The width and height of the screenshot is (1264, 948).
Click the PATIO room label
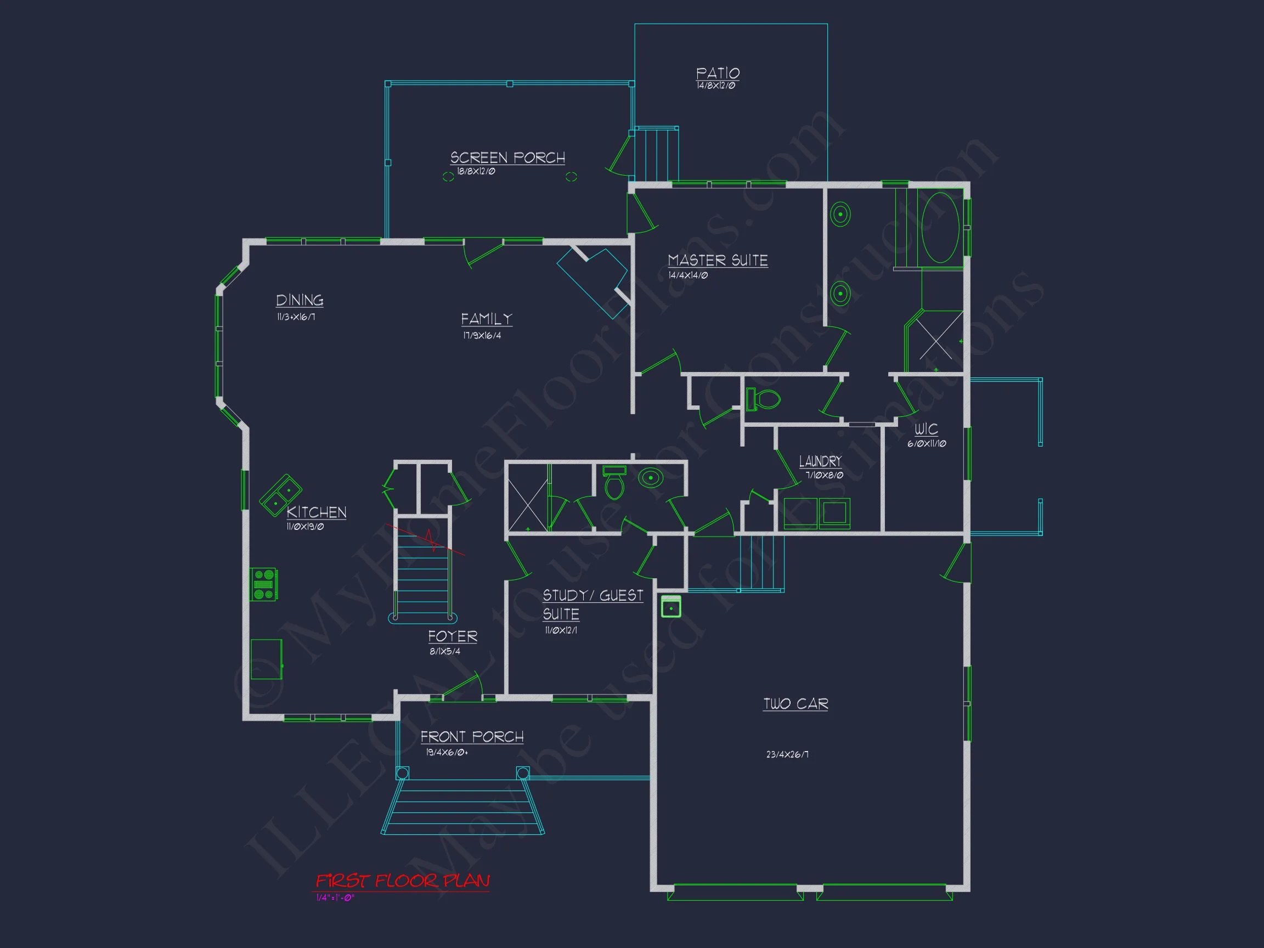pyautogui.click(x=718, y=73)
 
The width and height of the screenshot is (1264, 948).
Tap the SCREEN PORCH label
pyautogui.click(x=507, y=157)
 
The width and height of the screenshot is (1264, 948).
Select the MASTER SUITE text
pyautogui.click(x=718, y=261)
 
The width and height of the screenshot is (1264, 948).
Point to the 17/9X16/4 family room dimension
pyautogui.click(x=482, y=335)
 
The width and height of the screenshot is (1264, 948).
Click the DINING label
pyautogui.click(x=300, y=300)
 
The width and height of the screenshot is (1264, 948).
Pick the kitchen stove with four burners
pyautogui.click(x=264, y=585)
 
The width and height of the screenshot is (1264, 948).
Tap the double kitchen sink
pyautogui.click(x=280, y=495)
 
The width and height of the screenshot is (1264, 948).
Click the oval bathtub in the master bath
pyautogui.click(x=940, y=228)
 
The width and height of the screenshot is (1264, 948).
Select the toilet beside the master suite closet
pyautogui.click(x=764, y=399)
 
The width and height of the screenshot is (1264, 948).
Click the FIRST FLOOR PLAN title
pyautogui.click(x=403, y=881)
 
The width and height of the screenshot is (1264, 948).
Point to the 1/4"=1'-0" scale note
pyautogui.click(x=335, y=898)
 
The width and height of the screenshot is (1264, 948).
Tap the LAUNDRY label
pyautogui.click(x=820, y=461)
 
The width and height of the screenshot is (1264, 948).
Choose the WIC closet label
pyautogui.click(x=926, y=429)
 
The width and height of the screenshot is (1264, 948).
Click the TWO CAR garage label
pyautogui.click(x=795, y=704)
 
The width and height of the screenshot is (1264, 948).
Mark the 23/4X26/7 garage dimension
pyautogui.click(x=787, y=754)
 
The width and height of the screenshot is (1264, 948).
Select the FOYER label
pyautogui.click(x=453, y=636)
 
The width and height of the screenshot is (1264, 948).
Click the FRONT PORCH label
pyautogui.click(x=472, y=737)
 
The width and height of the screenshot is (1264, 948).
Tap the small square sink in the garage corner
pyautogui.click(x=671, y=607)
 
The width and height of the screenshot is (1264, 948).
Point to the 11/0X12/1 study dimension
pyautogui.click(x=561, y=630)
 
